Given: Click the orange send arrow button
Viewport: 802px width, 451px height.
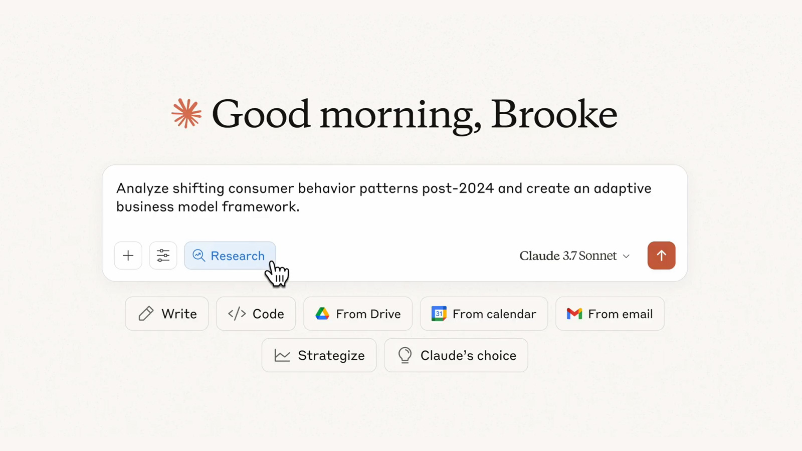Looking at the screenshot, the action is (x=661, y=256).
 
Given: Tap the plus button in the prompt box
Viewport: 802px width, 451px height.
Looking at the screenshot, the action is (x=128, y=256).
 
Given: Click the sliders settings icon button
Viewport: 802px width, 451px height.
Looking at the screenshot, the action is (x=163, y=256).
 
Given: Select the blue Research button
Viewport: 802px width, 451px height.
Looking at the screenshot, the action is (x=230, y=256).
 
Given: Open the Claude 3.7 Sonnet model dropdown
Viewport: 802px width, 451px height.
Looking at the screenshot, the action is (x=574, y=256).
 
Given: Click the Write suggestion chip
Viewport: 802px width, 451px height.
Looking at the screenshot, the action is (x=167, y=314).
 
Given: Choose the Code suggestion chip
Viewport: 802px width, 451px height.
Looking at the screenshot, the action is (x=256, y=314).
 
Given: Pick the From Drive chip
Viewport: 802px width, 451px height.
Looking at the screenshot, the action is (x=358, y=314).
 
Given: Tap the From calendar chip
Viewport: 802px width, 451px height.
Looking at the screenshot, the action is (x=484, y=314).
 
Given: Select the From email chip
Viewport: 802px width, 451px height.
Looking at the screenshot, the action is (x=610, y=314).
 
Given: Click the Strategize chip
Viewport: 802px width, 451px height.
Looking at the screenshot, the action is (x=319, y=355).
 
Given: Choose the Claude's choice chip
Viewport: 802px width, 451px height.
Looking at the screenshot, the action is (x=456, y=355).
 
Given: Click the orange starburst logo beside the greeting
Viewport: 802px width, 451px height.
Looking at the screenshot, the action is (x=186, y=113).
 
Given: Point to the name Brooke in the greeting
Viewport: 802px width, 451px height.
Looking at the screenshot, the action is (x=554, y=114).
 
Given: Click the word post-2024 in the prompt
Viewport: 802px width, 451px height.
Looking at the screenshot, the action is (x=458, y=188).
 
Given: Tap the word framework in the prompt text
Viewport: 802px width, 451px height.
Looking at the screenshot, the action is (x=261, y=206).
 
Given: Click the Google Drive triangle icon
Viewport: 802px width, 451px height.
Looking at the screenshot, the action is (x=322, y=314).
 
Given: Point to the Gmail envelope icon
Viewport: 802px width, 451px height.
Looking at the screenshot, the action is (x=574, y=314).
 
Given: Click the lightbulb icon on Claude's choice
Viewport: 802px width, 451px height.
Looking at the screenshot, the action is (x=405, y=355).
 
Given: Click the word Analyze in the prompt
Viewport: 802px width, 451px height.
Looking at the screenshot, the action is (x=142, y=189).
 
